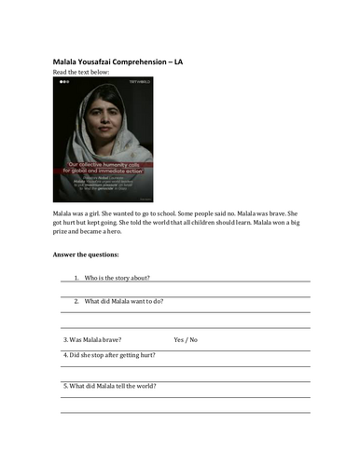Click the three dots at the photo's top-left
(x=64, y=82)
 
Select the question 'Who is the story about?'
(x=118, y=278)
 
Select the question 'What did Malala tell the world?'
(x=108, y=386)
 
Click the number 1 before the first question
(x=76, y=278)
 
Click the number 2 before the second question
(x=76, y=301)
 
